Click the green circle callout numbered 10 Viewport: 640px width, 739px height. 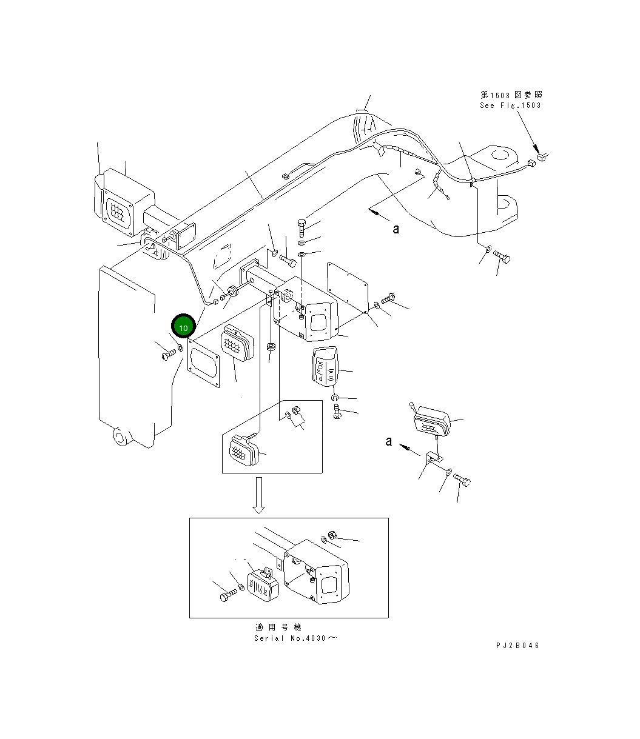(x=183, y=327)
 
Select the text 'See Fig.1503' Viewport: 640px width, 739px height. (x=510, y=105)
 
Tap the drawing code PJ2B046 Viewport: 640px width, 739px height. (x=517, y=646)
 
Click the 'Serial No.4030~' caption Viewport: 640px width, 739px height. (x=294, y=638)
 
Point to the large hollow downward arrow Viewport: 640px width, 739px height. (x=259, y=495)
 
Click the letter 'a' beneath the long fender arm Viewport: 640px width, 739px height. (x=396, y=229)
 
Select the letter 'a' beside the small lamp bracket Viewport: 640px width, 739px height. (x=389, y=441)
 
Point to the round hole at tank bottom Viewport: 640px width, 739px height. (x=120, y=436)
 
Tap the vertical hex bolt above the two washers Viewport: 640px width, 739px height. (x=303, y=227)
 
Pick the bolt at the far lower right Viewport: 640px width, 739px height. (x=465, y=483)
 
